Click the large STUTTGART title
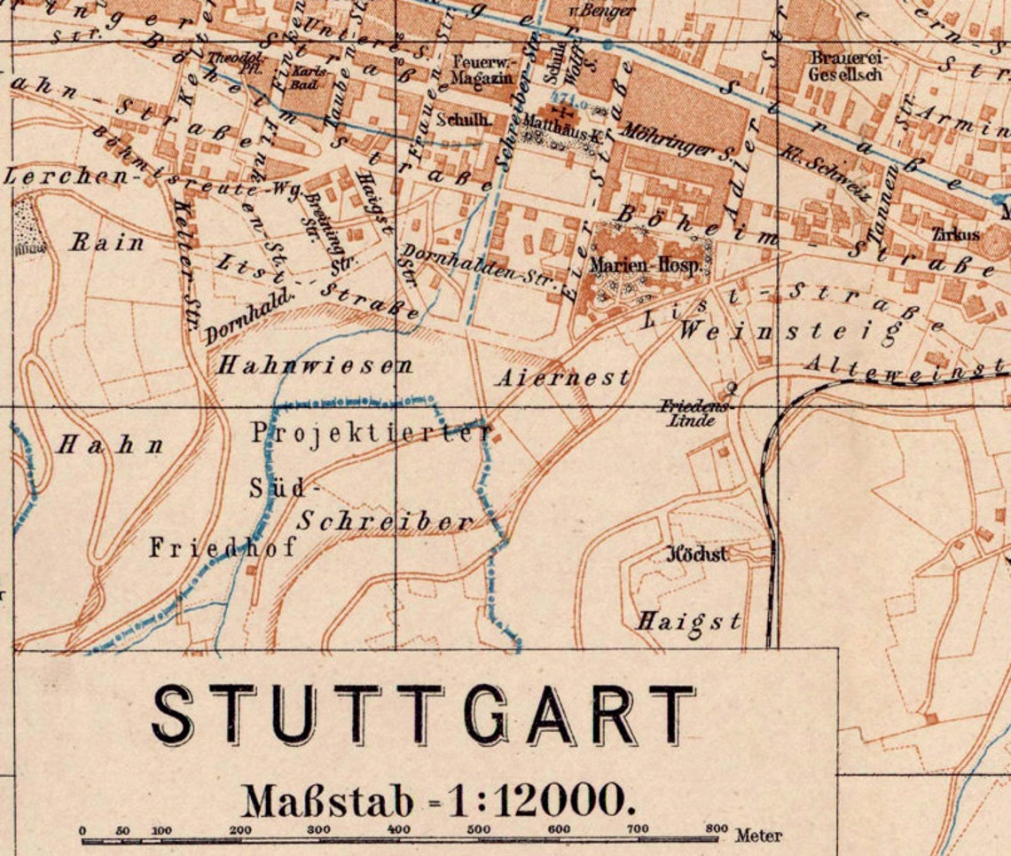pyautogui.click(x=424, y=714)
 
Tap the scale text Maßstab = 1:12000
pyautogui.click(x=438, y=801)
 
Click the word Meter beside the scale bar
pyautogui.click(x=757, y=835)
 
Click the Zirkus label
pyautogui.click(x=955, y=235)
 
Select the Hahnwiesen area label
pyautogui.click(x=316, y=365)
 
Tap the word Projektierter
pyautogui.click(x=372, y=433)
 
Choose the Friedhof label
pyautogui.click(x=222, y=547)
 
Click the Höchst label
pyautogui.click(x=696, y=554)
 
